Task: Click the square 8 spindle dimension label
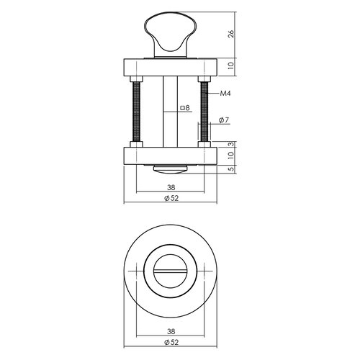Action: tap(184, 108)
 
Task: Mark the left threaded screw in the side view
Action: tap(134, 111)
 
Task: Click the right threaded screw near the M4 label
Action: tap(207, 111)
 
